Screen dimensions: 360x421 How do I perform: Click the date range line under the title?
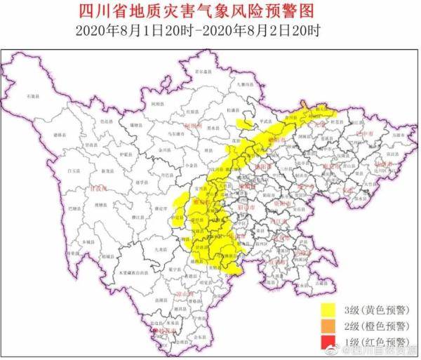(210, 30)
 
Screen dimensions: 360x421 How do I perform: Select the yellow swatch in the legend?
(328, 308)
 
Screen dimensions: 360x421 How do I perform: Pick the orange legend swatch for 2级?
(328, 325)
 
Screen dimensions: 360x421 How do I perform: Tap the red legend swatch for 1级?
(328, 342)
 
